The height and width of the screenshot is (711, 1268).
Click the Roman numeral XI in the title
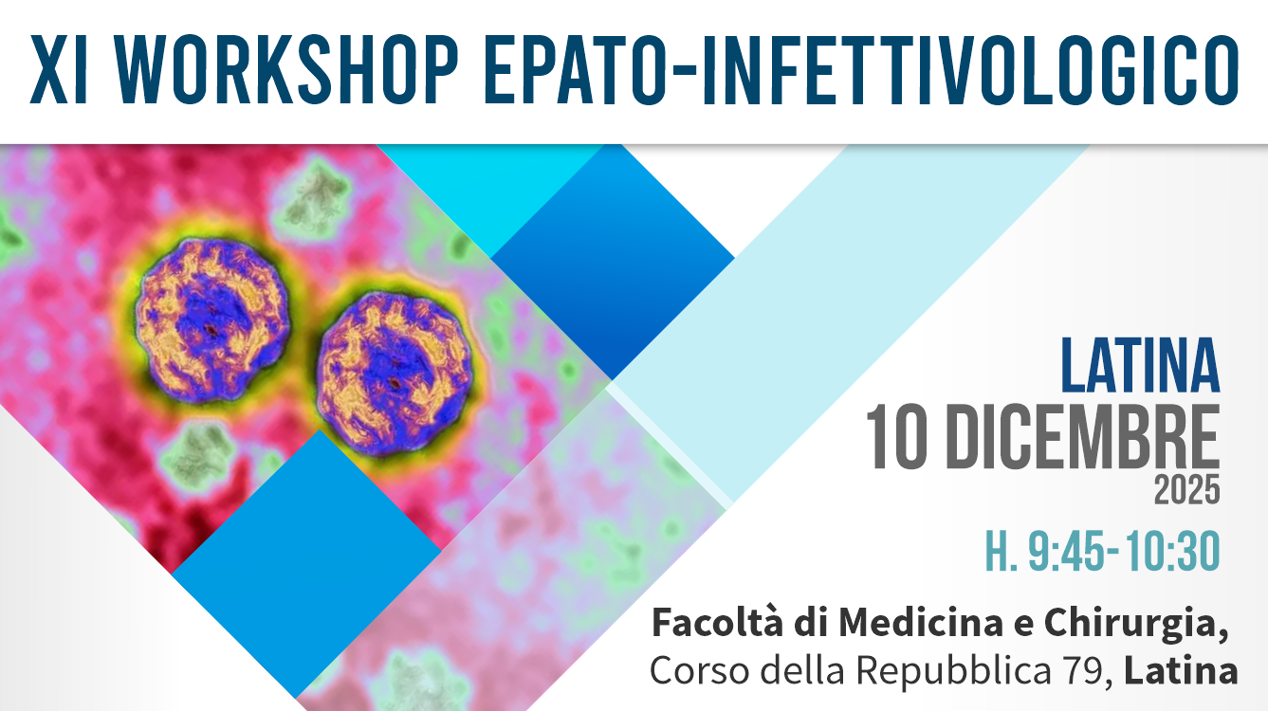click(58, 69)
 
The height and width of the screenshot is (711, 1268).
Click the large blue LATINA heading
click(1140, 365)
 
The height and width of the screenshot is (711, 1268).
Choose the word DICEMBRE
click(1083, 437)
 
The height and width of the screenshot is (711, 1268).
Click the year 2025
click(1187, 490)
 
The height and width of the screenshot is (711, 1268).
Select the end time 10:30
click(1172, 551)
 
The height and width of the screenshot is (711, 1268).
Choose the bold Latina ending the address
click(1181, 671)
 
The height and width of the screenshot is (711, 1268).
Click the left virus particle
click(212, 320)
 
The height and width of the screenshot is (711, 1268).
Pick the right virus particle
click(394, 374)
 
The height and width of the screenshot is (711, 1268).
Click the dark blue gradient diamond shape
click(613, 262)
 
